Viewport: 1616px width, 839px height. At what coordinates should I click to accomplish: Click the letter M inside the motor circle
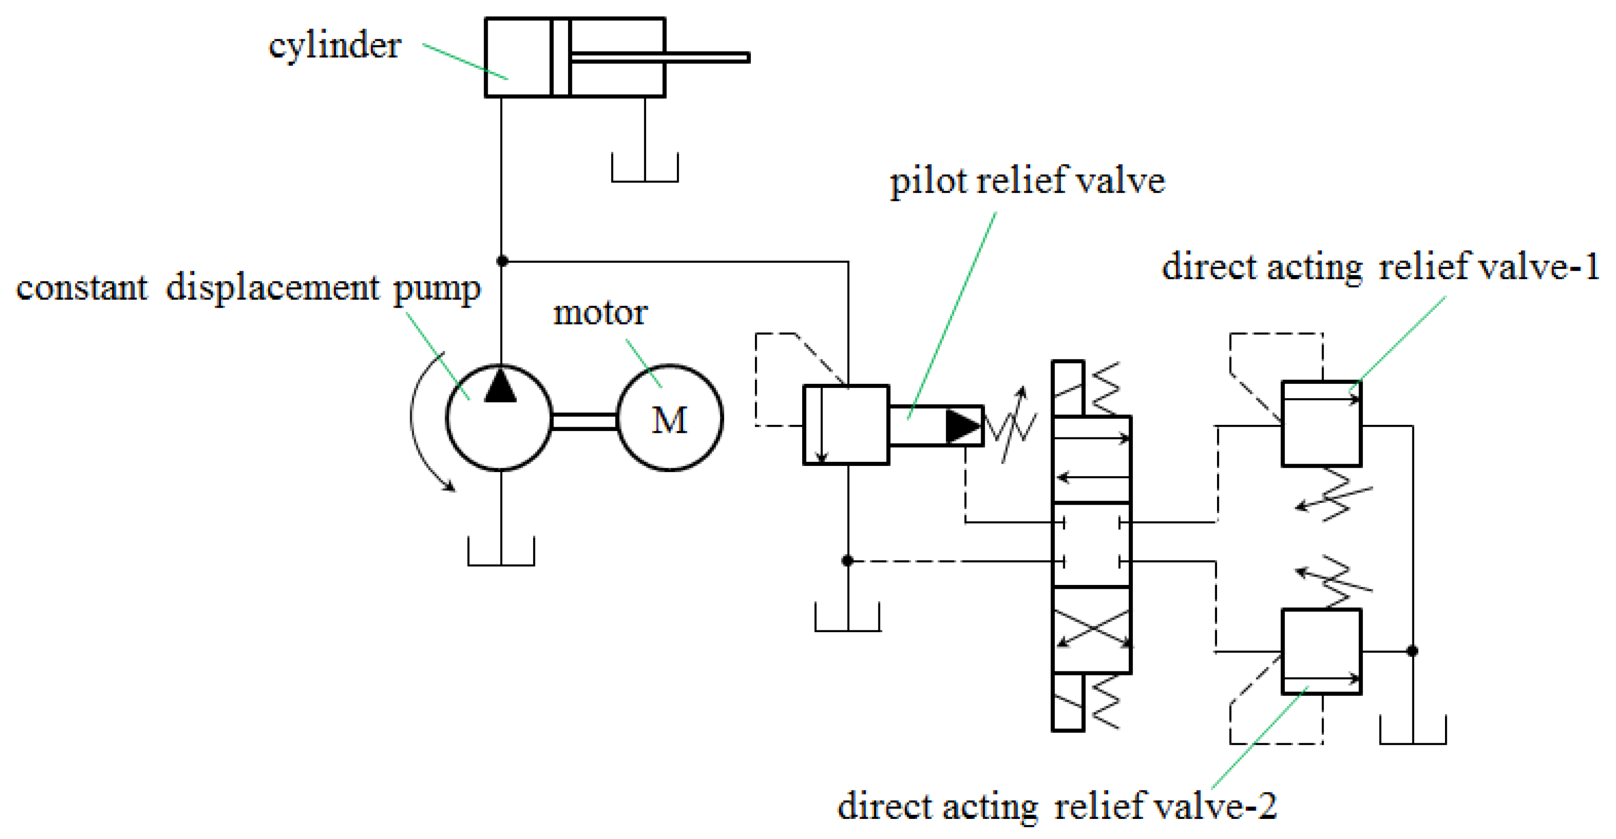tap(669, 420)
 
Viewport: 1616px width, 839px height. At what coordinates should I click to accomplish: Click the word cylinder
tap(335, 46)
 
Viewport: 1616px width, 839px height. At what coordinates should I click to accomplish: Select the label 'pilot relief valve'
tap(1027, 181)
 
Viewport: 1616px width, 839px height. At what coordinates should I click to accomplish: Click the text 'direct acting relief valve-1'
tap(1380, 267)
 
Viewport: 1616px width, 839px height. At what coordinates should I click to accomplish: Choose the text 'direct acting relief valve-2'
tap(1057, 806)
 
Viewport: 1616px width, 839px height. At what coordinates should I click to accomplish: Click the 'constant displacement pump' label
tap(248, 289)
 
